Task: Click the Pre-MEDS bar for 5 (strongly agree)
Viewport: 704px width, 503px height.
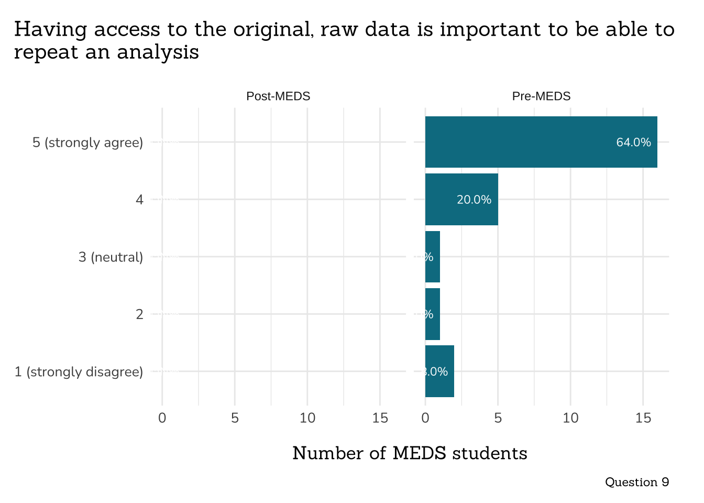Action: (x=541, y=142)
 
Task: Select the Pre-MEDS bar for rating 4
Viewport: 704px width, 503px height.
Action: (x=461, y=199)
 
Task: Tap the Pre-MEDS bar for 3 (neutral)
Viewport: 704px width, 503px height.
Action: (x=433, y=257)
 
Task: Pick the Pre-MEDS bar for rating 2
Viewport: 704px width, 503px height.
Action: (x=433, y=314)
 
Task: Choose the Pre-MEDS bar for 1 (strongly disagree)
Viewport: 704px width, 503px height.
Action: (x=439, y=371)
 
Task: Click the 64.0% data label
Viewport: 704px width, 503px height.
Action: (x=633, y=143)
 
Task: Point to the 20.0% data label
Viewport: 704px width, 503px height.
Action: (x=474, y=200)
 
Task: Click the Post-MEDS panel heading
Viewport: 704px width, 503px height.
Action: (x=278, y=96)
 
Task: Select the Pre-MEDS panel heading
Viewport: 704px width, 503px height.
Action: (x=541, y=96)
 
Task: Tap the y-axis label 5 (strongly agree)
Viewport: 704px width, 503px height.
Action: (x=87, y=143)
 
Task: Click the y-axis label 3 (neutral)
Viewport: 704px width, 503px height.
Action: (x=111, y=257)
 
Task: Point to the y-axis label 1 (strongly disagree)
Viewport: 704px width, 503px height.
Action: (x=79, y=372)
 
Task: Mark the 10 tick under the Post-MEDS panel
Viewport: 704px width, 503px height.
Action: (x=307, y=418)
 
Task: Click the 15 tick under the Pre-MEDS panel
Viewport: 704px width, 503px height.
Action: (x=643, y=418)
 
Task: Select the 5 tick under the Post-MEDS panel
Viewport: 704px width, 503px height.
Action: (x=235, y=418)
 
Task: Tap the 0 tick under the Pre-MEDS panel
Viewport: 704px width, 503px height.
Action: (x=425, y=418)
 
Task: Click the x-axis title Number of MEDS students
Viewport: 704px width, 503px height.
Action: (x=410, y=453)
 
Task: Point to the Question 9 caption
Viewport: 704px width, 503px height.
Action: (x=636, y=482)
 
